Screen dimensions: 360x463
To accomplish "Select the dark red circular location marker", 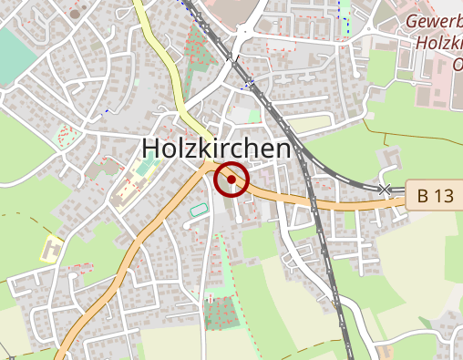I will [231, 180].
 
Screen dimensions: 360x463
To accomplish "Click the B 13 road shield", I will [436, 195].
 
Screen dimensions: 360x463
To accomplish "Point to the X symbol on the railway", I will [385, 189].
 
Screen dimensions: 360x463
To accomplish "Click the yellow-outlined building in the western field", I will [52, 247].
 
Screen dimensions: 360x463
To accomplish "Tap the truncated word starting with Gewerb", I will [432, 21].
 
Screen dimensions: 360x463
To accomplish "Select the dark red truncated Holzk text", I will [437, 43].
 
